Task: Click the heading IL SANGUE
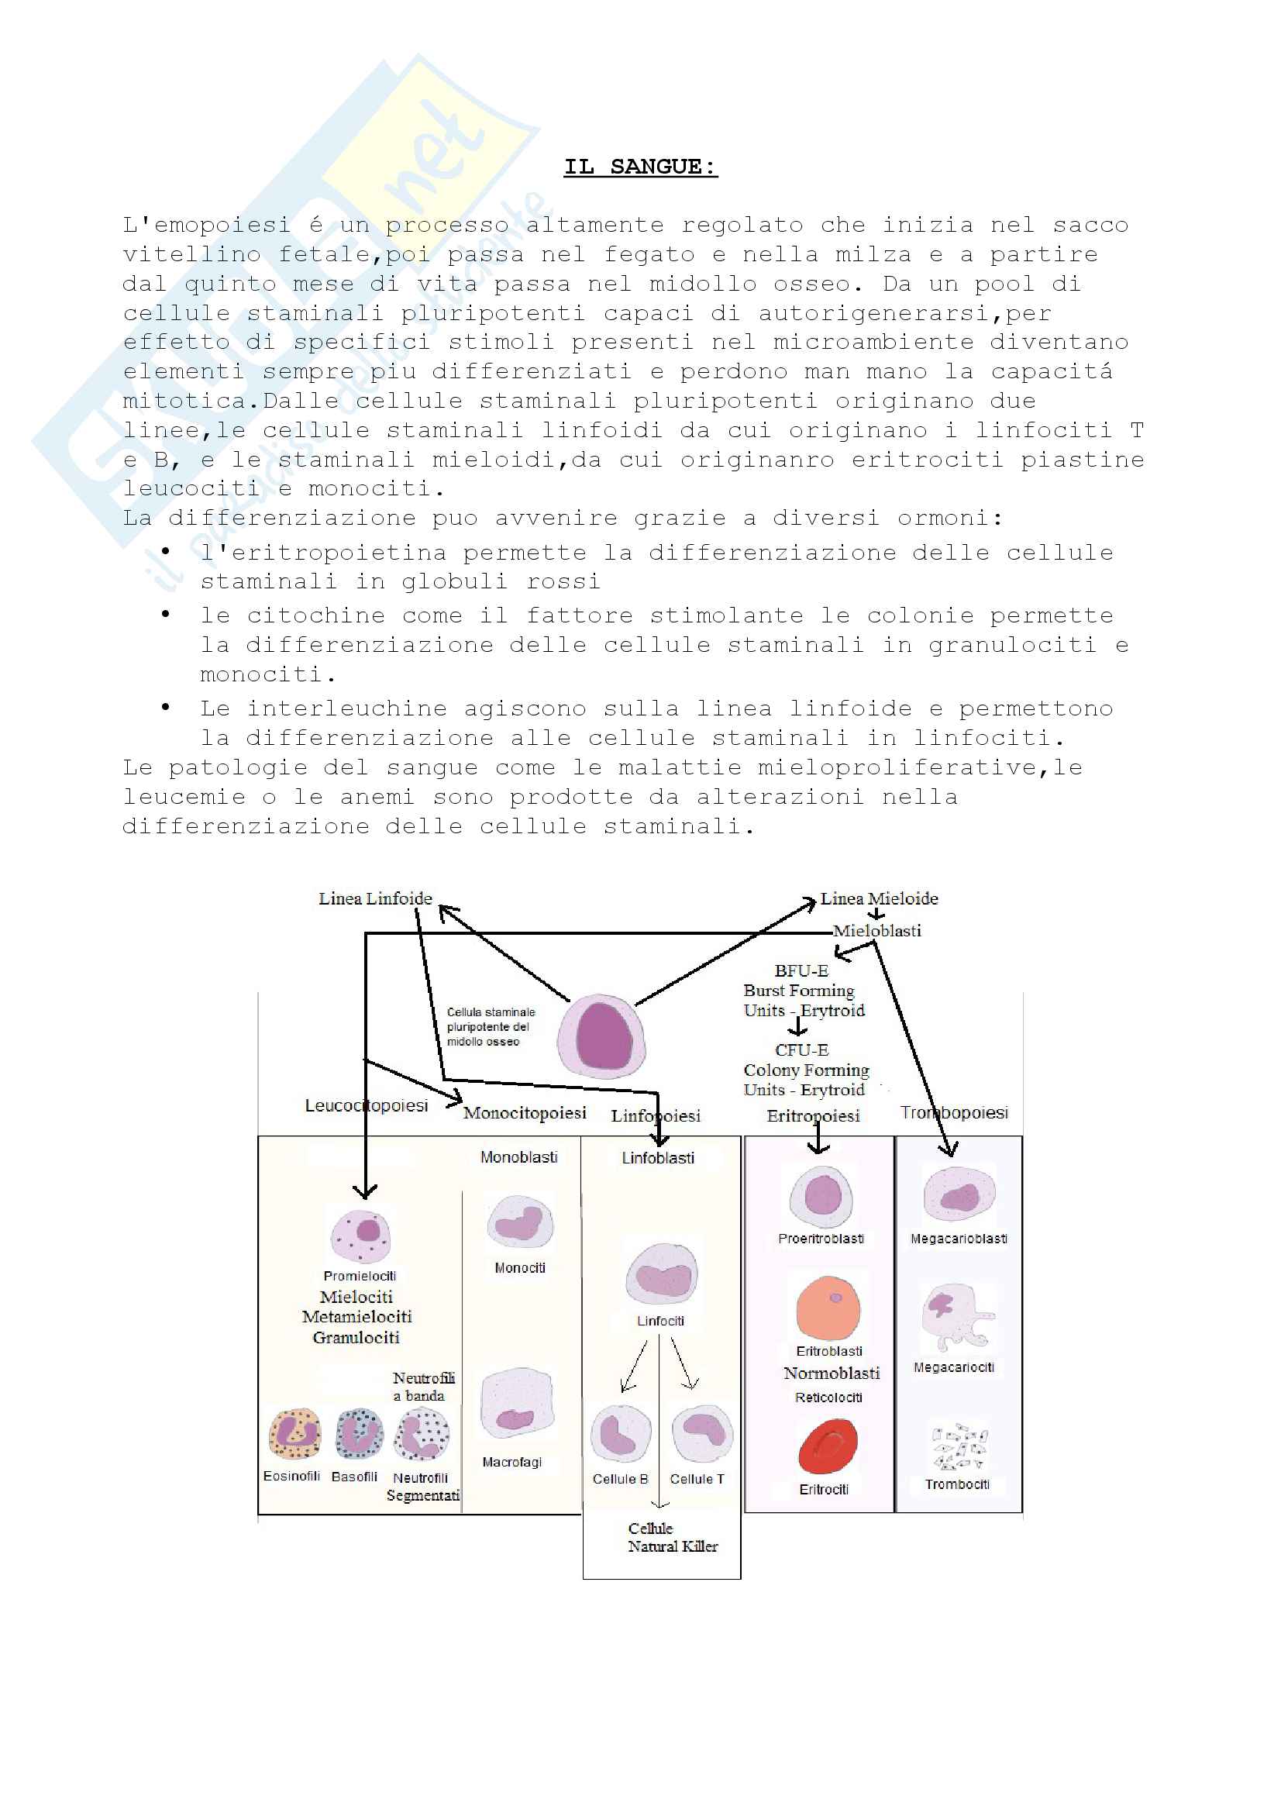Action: (640, 167)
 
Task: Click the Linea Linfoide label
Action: (375, 898)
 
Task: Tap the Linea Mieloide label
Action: (879, 898)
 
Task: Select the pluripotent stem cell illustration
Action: (601, 1036)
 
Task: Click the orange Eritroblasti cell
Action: (828, 1308)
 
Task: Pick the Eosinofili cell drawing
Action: (294, 1434)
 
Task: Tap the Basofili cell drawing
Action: (359, 1434)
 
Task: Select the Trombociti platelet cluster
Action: (958, 1447)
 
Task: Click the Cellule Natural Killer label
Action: (672, 1537)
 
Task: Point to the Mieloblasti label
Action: (877, 931)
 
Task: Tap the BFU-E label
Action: (801, 970)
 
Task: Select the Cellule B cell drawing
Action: (621, 1434)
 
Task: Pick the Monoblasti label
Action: (518, 1157)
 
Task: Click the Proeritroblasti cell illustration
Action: (821, 1196)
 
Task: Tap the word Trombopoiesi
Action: (954, 1112)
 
